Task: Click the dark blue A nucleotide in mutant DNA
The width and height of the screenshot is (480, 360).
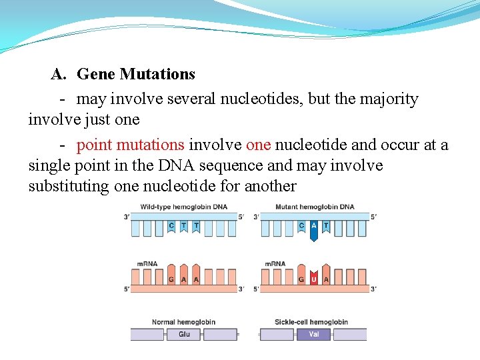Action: click(313, 227)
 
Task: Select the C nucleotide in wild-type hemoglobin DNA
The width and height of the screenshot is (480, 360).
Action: click(171, 227)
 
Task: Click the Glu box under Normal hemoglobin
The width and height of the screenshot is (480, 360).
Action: click(183, 334)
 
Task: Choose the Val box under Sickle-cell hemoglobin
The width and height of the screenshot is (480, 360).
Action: click(313, 334)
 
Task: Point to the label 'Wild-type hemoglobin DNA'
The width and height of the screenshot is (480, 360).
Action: click(183, 207)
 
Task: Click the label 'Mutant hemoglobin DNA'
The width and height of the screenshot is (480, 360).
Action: click(315, 207)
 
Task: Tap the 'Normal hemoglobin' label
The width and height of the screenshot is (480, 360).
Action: click(183, 322)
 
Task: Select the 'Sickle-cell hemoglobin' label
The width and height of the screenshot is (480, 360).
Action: click(311, 322)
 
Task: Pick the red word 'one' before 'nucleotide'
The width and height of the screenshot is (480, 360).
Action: click(258, 145)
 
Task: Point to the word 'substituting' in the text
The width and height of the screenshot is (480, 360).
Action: click(69, 186)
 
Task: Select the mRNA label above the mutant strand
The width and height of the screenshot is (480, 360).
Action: click(275, 264)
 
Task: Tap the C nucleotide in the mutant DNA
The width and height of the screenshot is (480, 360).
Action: click(301, 227)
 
